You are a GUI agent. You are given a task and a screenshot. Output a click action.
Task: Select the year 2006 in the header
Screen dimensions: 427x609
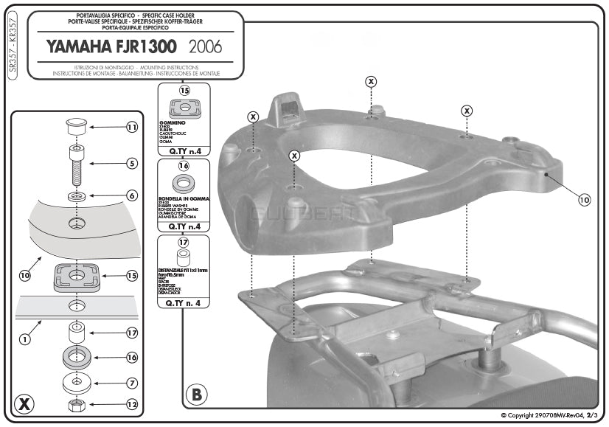pyautogui.click(x=205, y=47)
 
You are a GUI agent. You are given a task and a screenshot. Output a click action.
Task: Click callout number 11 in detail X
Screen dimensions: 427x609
pyautogui.click(x=132, y=128)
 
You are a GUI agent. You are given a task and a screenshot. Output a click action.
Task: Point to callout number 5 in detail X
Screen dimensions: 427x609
pyautogui.click(x=132, y=163)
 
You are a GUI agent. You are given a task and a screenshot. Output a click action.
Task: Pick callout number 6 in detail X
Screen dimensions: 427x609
pyautogui.click(x=132, y=195)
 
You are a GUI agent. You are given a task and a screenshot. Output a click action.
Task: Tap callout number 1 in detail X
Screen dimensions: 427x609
pyautogui.click(x=24, y=339)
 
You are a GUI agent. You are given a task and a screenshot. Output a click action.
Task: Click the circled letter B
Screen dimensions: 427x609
pyautogui.click(x=196, y=395)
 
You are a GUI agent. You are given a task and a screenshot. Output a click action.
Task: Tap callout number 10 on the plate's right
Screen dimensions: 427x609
pyautogui.click(x=584, y=199)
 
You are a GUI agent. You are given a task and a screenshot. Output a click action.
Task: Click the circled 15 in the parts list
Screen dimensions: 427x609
pyautogui.click(x=184, y=91)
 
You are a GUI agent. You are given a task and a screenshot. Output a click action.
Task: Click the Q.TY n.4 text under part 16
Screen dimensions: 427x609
pyautogui.click(x=184, y=227)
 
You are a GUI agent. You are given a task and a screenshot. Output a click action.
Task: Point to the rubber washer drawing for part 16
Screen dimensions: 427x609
pyautogui.click(x=184, y=183)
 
